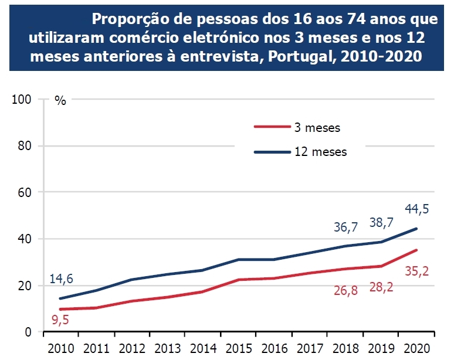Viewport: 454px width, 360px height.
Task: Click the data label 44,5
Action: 417,209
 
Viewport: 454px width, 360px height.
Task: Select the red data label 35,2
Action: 418,271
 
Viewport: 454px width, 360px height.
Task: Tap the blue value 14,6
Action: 62,279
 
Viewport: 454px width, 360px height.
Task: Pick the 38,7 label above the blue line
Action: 381,222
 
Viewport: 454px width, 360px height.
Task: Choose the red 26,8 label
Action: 346,290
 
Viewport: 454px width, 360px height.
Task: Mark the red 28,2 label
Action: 382,291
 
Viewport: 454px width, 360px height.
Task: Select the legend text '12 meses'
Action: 321,152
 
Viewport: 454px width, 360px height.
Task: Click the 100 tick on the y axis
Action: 22,99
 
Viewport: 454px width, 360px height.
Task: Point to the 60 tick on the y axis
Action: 25,192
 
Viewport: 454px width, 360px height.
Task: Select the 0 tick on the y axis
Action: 29,332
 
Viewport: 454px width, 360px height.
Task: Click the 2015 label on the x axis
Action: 239,348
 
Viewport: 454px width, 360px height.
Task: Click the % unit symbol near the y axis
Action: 60,100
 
